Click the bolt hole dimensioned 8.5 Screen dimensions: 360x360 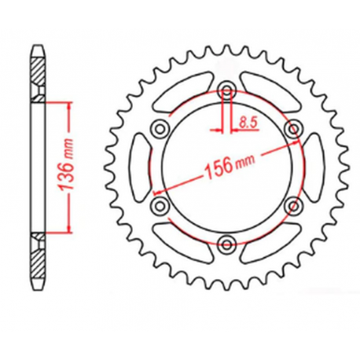(x=226, y=87)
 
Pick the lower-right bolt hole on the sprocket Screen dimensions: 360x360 (x=295, y=204)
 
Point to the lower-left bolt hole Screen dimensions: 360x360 (x=160, y=205)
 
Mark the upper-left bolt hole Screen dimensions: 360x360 (x=160, y=127)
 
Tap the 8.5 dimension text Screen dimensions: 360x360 (x=249, y=122)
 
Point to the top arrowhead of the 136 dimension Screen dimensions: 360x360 (x=71, y=105)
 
